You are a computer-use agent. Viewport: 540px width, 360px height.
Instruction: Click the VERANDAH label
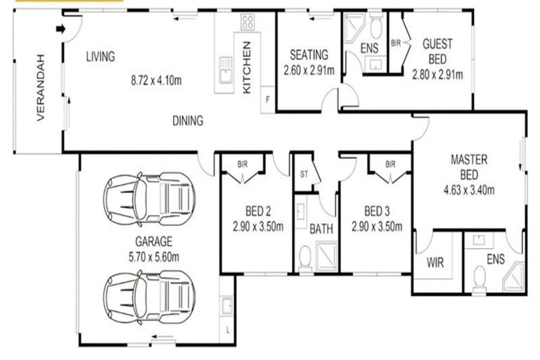(41, 87)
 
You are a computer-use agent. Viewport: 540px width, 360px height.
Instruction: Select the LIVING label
(101, 56)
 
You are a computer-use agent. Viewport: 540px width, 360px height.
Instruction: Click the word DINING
(188, 121)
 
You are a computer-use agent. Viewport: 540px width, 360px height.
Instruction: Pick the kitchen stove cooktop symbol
(248, 22)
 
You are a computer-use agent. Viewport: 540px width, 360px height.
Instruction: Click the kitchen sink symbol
(225, 70)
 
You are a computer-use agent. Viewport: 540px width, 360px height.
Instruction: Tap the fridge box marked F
(267, 100)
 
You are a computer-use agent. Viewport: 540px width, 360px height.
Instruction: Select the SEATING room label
(309, 55)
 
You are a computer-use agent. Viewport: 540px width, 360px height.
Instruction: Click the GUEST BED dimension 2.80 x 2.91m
(437, 72)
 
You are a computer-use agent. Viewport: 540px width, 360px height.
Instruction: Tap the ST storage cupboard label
(304, 173)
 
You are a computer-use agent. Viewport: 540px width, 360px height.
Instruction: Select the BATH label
(321, 229)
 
